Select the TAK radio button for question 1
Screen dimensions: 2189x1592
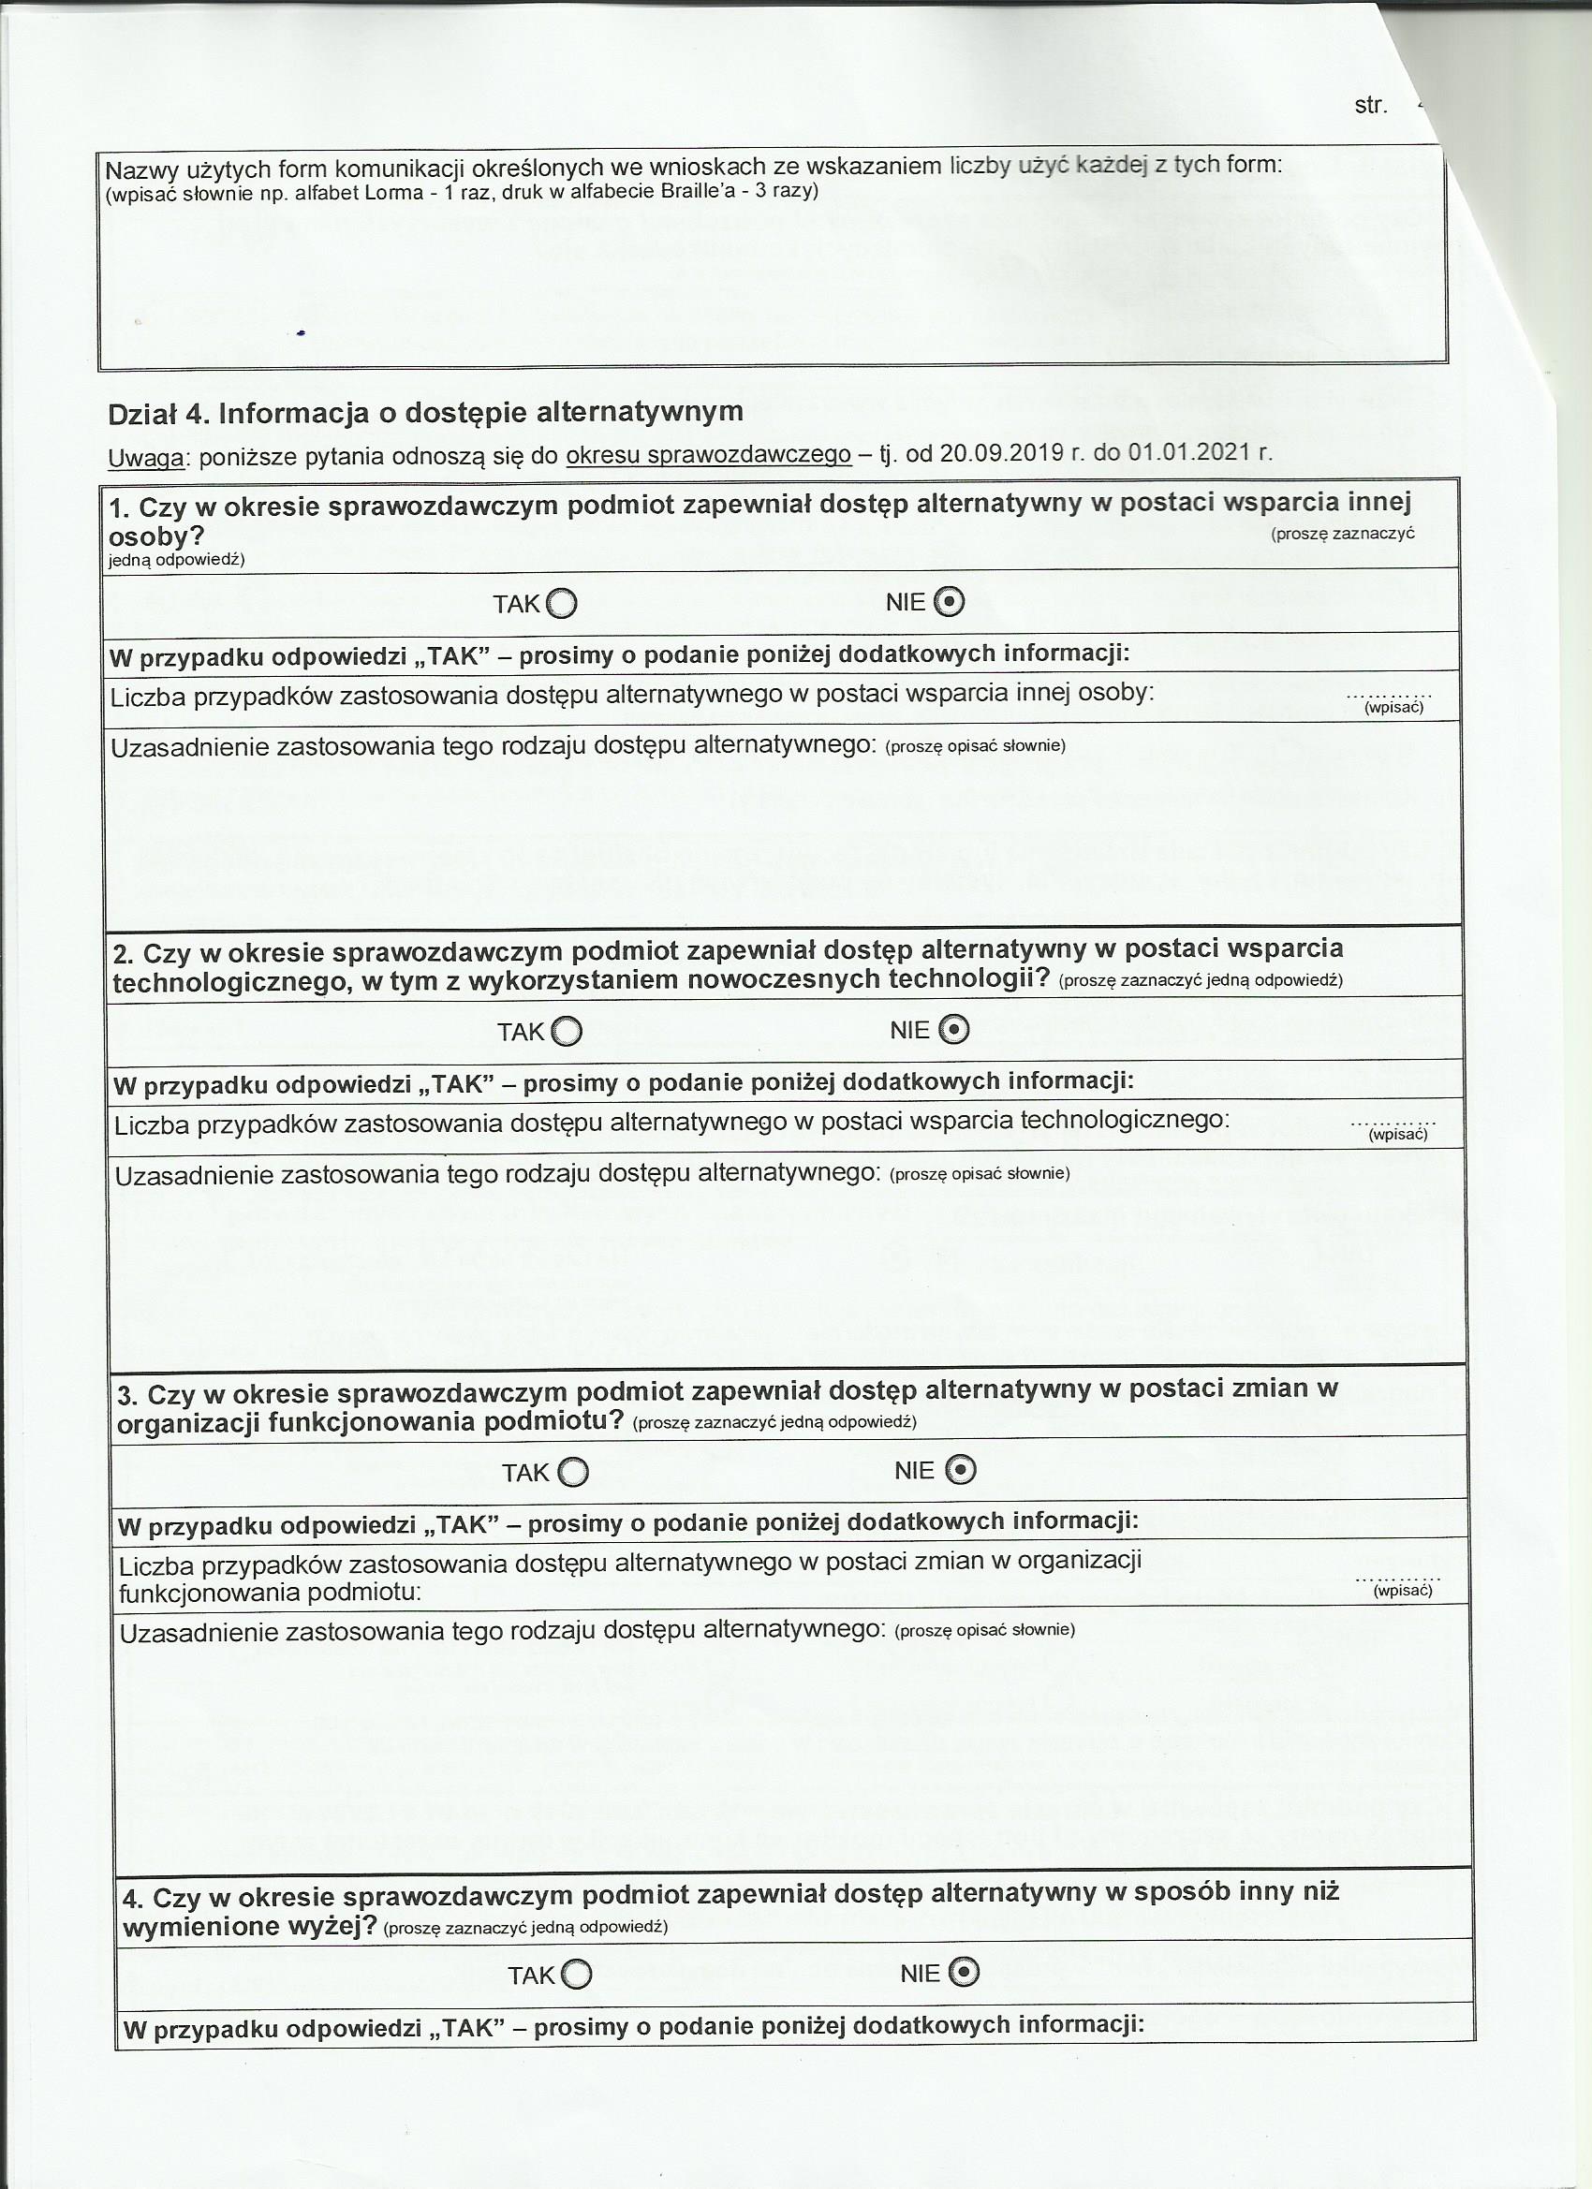click(x=562, y=604)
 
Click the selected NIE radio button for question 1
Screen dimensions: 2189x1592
click(x=950, y=602)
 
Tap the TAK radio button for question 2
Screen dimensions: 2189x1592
click(x=567, y=1033)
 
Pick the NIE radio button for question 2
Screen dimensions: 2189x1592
click(x=954, y=1031)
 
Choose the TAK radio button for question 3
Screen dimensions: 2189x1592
click(x=572, y=1472)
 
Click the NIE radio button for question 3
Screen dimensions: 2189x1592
click(x=960, y=1470)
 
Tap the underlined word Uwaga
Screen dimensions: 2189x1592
click(x=147, y=457)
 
